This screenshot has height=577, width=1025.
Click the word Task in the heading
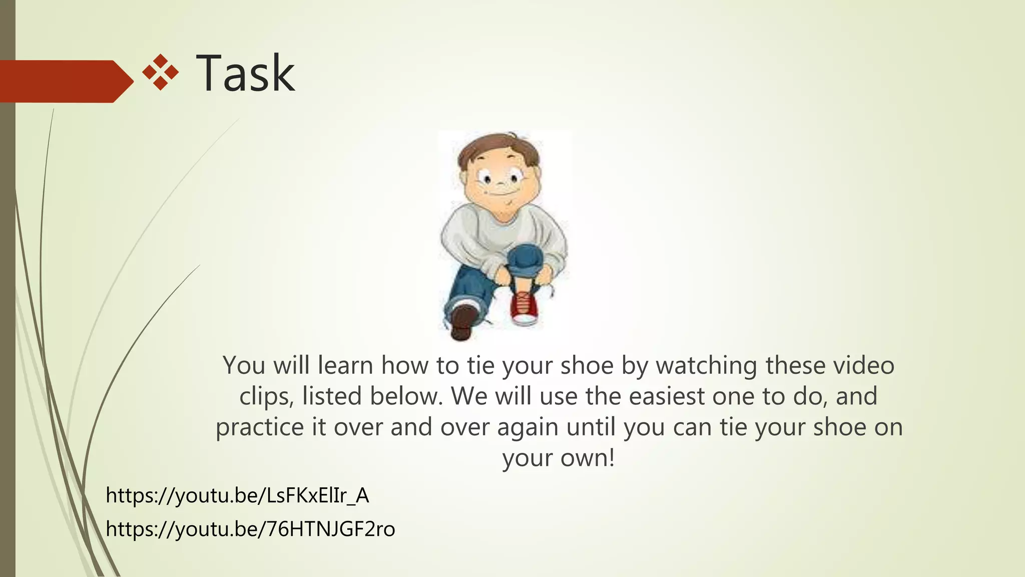245,74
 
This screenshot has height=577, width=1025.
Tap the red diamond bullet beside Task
160,73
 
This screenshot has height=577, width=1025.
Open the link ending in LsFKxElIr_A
237,496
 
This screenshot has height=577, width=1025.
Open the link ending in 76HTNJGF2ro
250,529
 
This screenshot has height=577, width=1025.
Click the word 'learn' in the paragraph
346,365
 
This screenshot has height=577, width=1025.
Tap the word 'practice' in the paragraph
260,428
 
